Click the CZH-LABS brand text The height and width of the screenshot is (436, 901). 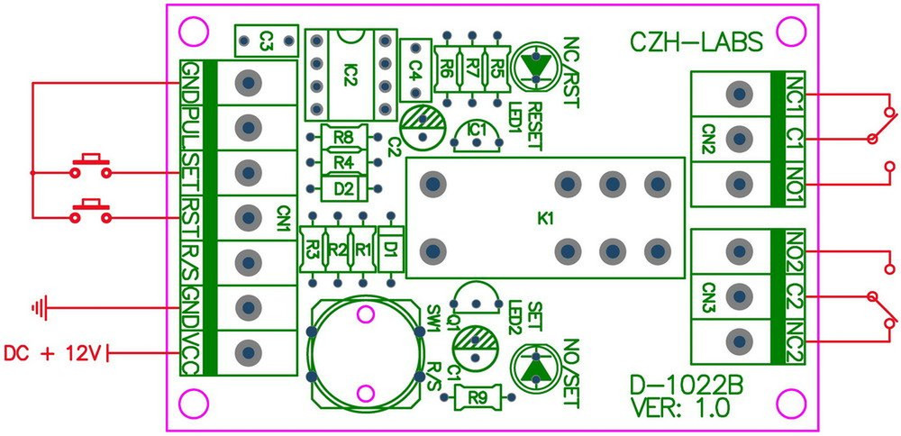pyautogui.click(x=696, y=41)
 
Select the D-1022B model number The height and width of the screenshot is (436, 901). pyautogui.click(x=687, y=388)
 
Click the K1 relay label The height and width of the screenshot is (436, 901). pyautogui.click(x=545, y=218)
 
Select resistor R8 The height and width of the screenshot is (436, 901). pyautogui.click(x=342, y=138)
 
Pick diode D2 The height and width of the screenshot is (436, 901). pyautogui.click(x=342, y=188)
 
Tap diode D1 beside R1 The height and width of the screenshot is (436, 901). pyautogui.click(x=389, y=246)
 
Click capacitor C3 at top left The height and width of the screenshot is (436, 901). pyautogui.click(x=266, y=40)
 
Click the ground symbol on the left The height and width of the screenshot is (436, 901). pyautogui.click(x=39, y=309)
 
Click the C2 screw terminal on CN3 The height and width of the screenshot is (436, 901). pyautogui.click(x=740, y=295)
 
